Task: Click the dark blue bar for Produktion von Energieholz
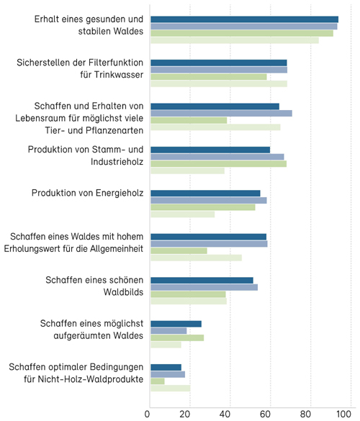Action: pos(205,194)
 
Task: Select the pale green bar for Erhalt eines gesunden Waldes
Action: pos(235,40)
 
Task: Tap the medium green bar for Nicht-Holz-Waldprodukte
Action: pos(158,381)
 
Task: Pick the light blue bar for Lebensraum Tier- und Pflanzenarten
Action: pos(221,113)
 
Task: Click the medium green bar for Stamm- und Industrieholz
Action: pos(219,164)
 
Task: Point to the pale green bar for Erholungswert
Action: pos(196,258)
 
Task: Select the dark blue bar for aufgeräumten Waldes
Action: pos(176,324)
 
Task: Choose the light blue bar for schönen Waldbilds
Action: pos(204,287)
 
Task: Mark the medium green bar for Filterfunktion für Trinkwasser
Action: pos(209,77)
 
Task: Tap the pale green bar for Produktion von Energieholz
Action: pos(183,214)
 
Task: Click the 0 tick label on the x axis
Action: pos(147,414)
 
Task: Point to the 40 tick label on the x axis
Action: pos(225,414)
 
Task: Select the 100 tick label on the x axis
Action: pos(343,414)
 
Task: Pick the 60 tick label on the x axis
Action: pos(265,414)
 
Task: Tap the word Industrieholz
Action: pos(117,162)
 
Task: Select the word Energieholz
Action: pos(120,193)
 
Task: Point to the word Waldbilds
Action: pos(123,292)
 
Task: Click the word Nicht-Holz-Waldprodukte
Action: pos(91,379)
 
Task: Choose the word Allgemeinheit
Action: pos(117,249)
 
